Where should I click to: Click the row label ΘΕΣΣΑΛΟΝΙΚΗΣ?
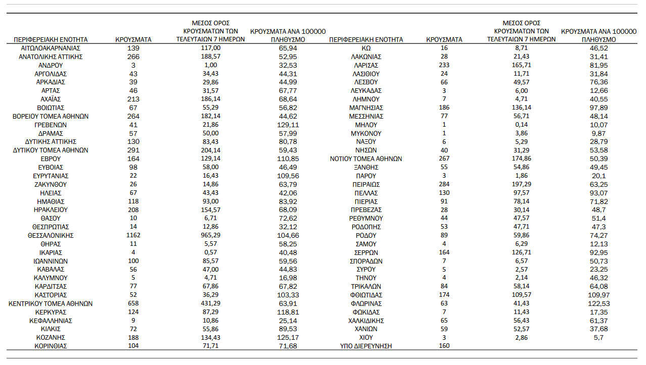coord(51,236)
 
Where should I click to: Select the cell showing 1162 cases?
coord(133,236)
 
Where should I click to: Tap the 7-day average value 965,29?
coord(210,236)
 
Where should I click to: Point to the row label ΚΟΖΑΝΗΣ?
coord(51,338)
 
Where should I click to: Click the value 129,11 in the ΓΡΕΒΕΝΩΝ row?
coord(288,125)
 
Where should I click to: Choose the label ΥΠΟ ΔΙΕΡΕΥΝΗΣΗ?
coord(366,346)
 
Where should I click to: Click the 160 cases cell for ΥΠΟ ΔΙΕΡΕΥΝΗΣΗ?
coord(444,346)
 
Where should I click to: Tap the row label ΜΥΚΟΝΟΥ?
coord(366,133)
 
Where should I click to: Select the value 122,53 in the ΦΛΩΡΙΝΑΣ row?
coord(598,304)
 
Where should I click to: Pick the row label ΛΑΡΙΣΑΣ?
coord(366,65)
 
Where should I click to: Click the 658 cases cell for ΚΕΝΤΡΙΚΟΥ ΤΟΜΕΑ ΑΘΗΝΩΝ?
coord(133,304)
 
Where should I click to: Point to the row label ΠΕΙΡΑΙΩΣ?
coord(366,184)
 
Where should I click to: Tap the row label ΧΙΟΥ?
coord(366,338)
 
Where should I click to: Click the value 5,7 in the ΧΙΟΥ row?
coord(598,338)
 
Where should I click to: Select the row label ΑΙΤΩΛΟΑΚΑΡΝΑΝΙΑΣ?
coord(51,48)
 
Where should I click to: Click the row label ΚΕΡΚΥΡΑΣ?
coord(51,312)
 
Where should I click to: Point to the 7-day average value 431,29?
coord(210,304)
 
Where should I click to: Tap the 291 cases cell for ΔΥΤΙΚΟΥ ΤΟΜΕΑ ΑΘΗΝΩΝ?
coord(133,150)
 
